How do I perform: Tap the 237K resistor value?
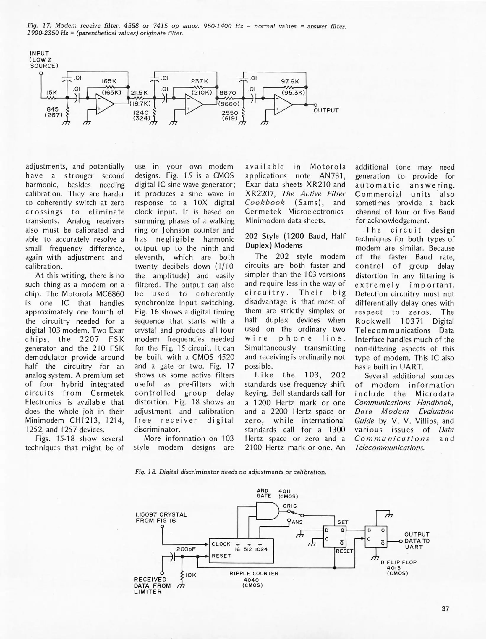point(200,81)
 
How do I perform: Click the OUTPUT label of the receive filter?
point(326,110)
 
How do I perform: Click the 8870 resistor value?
point(228,93)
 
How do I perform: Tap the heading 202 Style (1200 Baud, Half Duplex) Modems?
point(295,241)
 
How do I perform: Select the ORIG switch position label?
point(290,506)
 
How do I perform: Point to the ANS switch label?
point(297,522)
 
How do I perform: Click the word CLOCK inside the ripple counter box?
point(221,544)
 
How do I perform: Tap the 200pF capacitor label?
point(186,549)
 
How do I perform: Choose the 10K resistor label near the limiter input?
point(191,575)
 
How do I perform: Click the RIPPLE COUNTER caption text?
point(254,573)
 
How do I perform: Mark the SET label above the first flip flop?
point(343,522)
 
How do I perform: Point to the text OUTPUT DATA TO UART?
point(417,541)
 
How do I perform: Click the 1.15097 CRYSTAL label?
point(161,514)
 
